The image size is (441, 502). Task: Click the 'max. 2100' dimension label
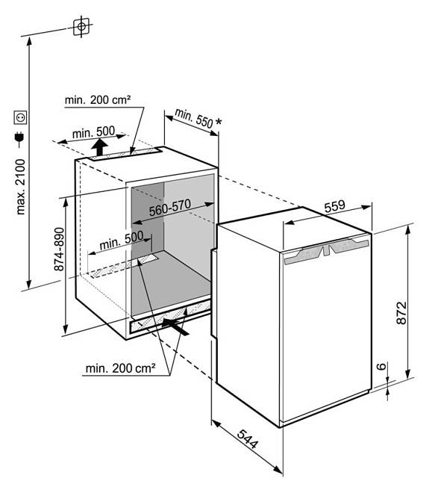point(20,187)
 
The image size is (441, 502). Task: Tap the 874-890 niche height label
point(59,249)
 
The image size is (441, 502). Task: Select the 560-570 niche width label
point(170,208)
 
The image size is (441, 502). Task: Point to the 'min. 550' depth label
point(194,118)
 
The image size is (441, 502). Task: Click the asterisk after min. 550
point(219,122)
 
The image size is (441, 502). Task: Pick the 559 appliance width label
point(335,206)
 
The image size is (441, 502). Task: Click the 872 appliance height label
point(401,312)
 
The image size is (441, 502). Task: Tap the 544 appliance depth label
point(247,439)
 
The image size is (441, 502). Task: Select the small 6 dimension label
point(381,366)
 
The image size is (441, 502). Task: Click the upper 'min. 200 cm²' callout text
point(98,100)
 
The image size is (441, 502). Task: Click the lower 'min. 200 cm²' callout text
point(120,368)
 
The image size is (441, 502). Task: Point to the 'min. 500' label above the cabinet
point(93,132)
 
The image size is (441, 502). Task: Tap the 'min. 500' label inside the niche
point(122,241)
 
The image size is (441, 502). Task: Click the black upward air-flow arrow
point(99,148)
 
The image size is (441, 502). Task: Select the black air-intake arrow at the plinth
point(175,326)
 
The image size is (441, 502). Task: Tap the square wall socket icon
point(20,117)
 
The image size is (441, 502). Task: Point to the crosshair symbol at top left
point(81,26)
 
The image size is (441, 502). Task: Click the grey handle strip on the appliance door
point(327,250)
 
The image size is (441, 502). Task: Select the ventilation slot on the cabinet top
point(125,155)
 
